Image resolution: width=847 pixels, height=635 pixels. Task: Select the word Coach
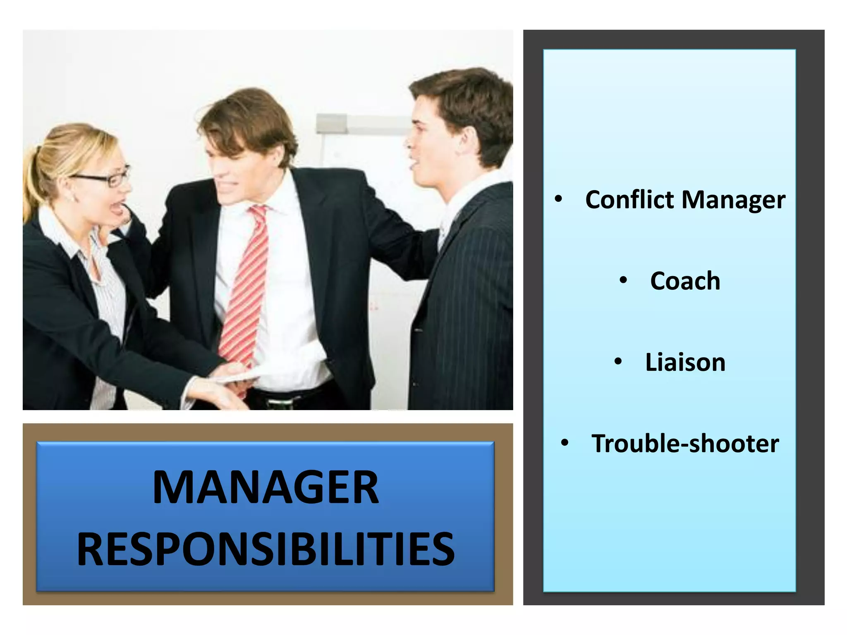685,281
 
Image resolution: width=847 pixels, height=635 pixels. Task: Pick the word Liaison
685,362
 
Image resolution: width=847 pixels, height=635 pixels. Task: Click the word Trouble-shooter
685,444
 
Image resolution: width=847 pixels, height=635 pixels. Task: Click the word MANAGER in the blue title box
266,488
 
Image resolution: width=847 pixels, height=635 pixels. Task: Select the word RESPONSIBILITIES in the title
266,549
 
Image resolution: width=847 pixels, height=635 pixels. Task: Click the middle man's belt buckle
275,400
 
